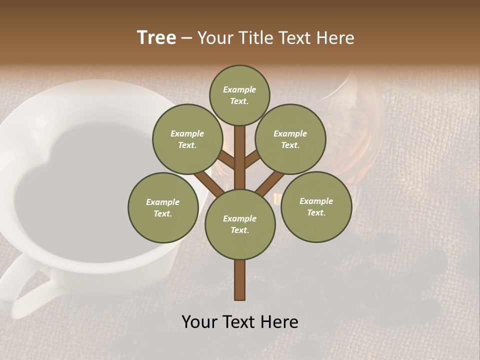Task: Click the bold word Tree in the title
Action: (x=156, y=38)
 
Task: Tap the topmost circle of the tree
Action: (x=239, y=95)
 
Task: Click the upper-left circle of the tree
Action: (x=187, y=139)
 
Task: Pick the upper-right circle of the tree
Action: (x=290, y=139)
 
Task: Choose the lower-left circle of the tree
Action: (x=163, y=207)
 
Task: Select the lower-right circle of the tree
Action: (x=316, y=206)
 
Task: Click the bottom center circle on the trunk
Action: (x=240, y=224)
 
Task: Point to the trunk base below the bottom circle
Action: (x=240, y=280)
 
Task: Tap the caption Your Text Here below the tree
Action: (x=240, y=322)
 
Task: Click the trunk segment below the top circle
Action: (x=240, y=150)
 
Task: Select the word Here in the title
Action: (x=336, y=38)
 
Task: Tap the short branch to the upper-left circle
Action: (x=226, y=160)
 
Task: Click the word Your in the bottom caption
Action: (x=199, y=322)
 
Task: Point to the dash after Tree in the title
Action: (x=187, y=38)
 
